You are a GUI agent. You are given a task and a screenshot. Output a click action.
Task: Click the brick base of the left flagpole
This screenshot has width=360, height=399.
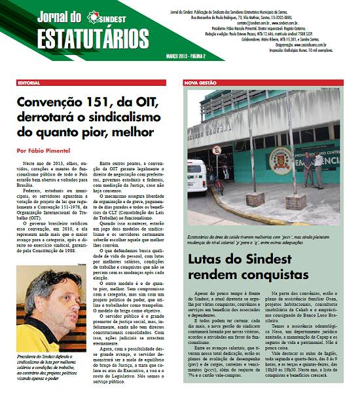tap(255, 198)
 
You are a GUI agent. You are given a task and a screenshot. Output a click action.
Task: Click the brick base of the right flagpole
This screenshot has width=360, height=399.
tap(295, 201)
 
